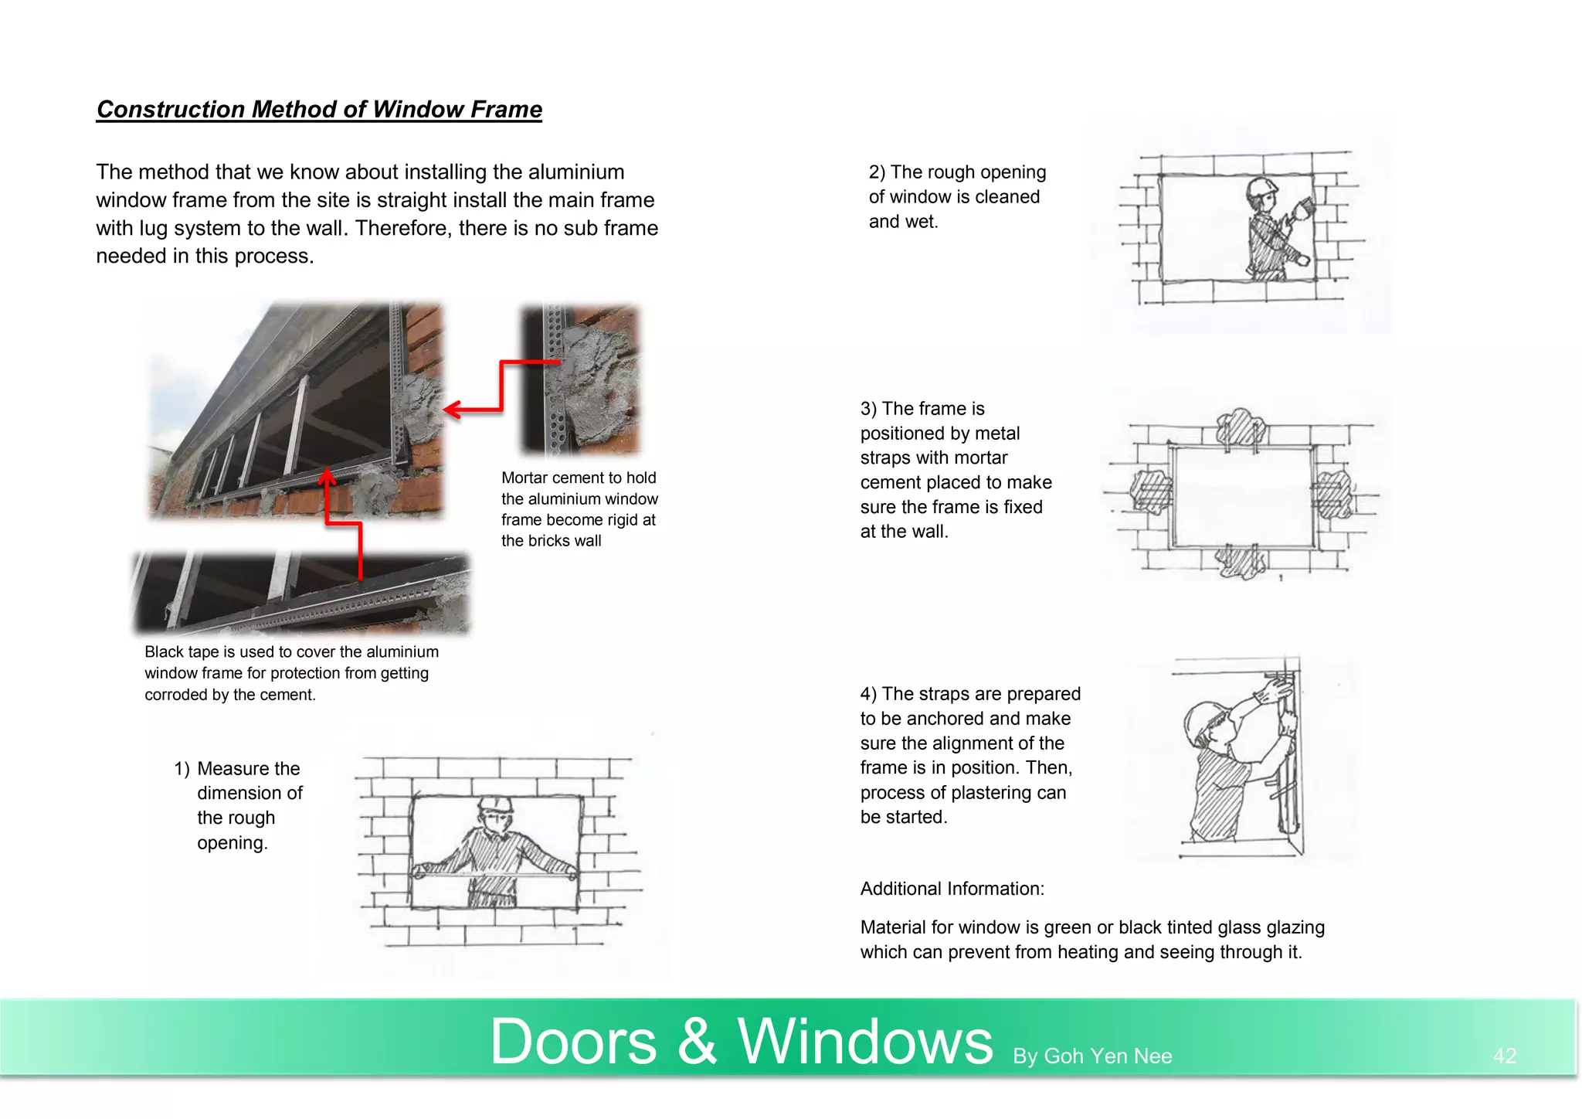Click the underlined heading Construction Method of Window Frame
tap(319, 110)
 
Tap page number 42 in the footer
tap(1504, 1056)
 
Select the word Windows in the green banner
tap(864, 1042)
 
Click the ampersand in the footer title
tap(697, 1042)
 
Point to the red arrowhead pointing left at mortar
tap(452, 410)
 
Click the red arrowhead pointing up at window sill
tap(328, 475)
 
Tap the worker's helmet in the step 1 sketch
tap(495, 804)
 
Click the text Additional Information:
tap(952, 889)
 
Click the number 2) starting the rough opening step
tap(877, 172)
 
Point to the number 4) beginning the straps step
tap(868, 694)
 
